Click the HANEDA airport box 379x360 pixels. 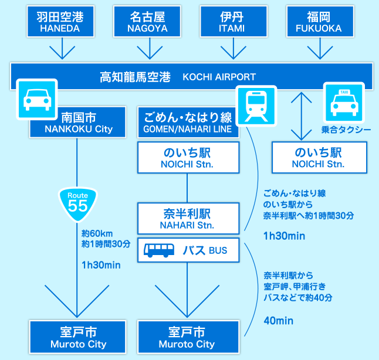[x=60, y=22]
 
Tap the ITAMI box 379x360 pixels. [x=231, y=22]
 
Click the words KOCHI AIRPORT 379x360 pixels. [x=219, y=77]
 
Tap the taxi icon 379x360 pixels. [x=344, y=103]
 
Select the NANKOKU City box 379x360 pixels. [x=78, y=122]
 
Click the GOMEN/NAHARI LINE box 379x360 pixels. [x=188, y=122]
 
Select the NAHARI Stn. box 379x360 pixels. [x=188, y=218]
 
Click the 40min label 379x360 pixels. [x=278, y=321]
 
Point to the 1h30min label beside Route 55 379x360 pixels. [x=101, y=265]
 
